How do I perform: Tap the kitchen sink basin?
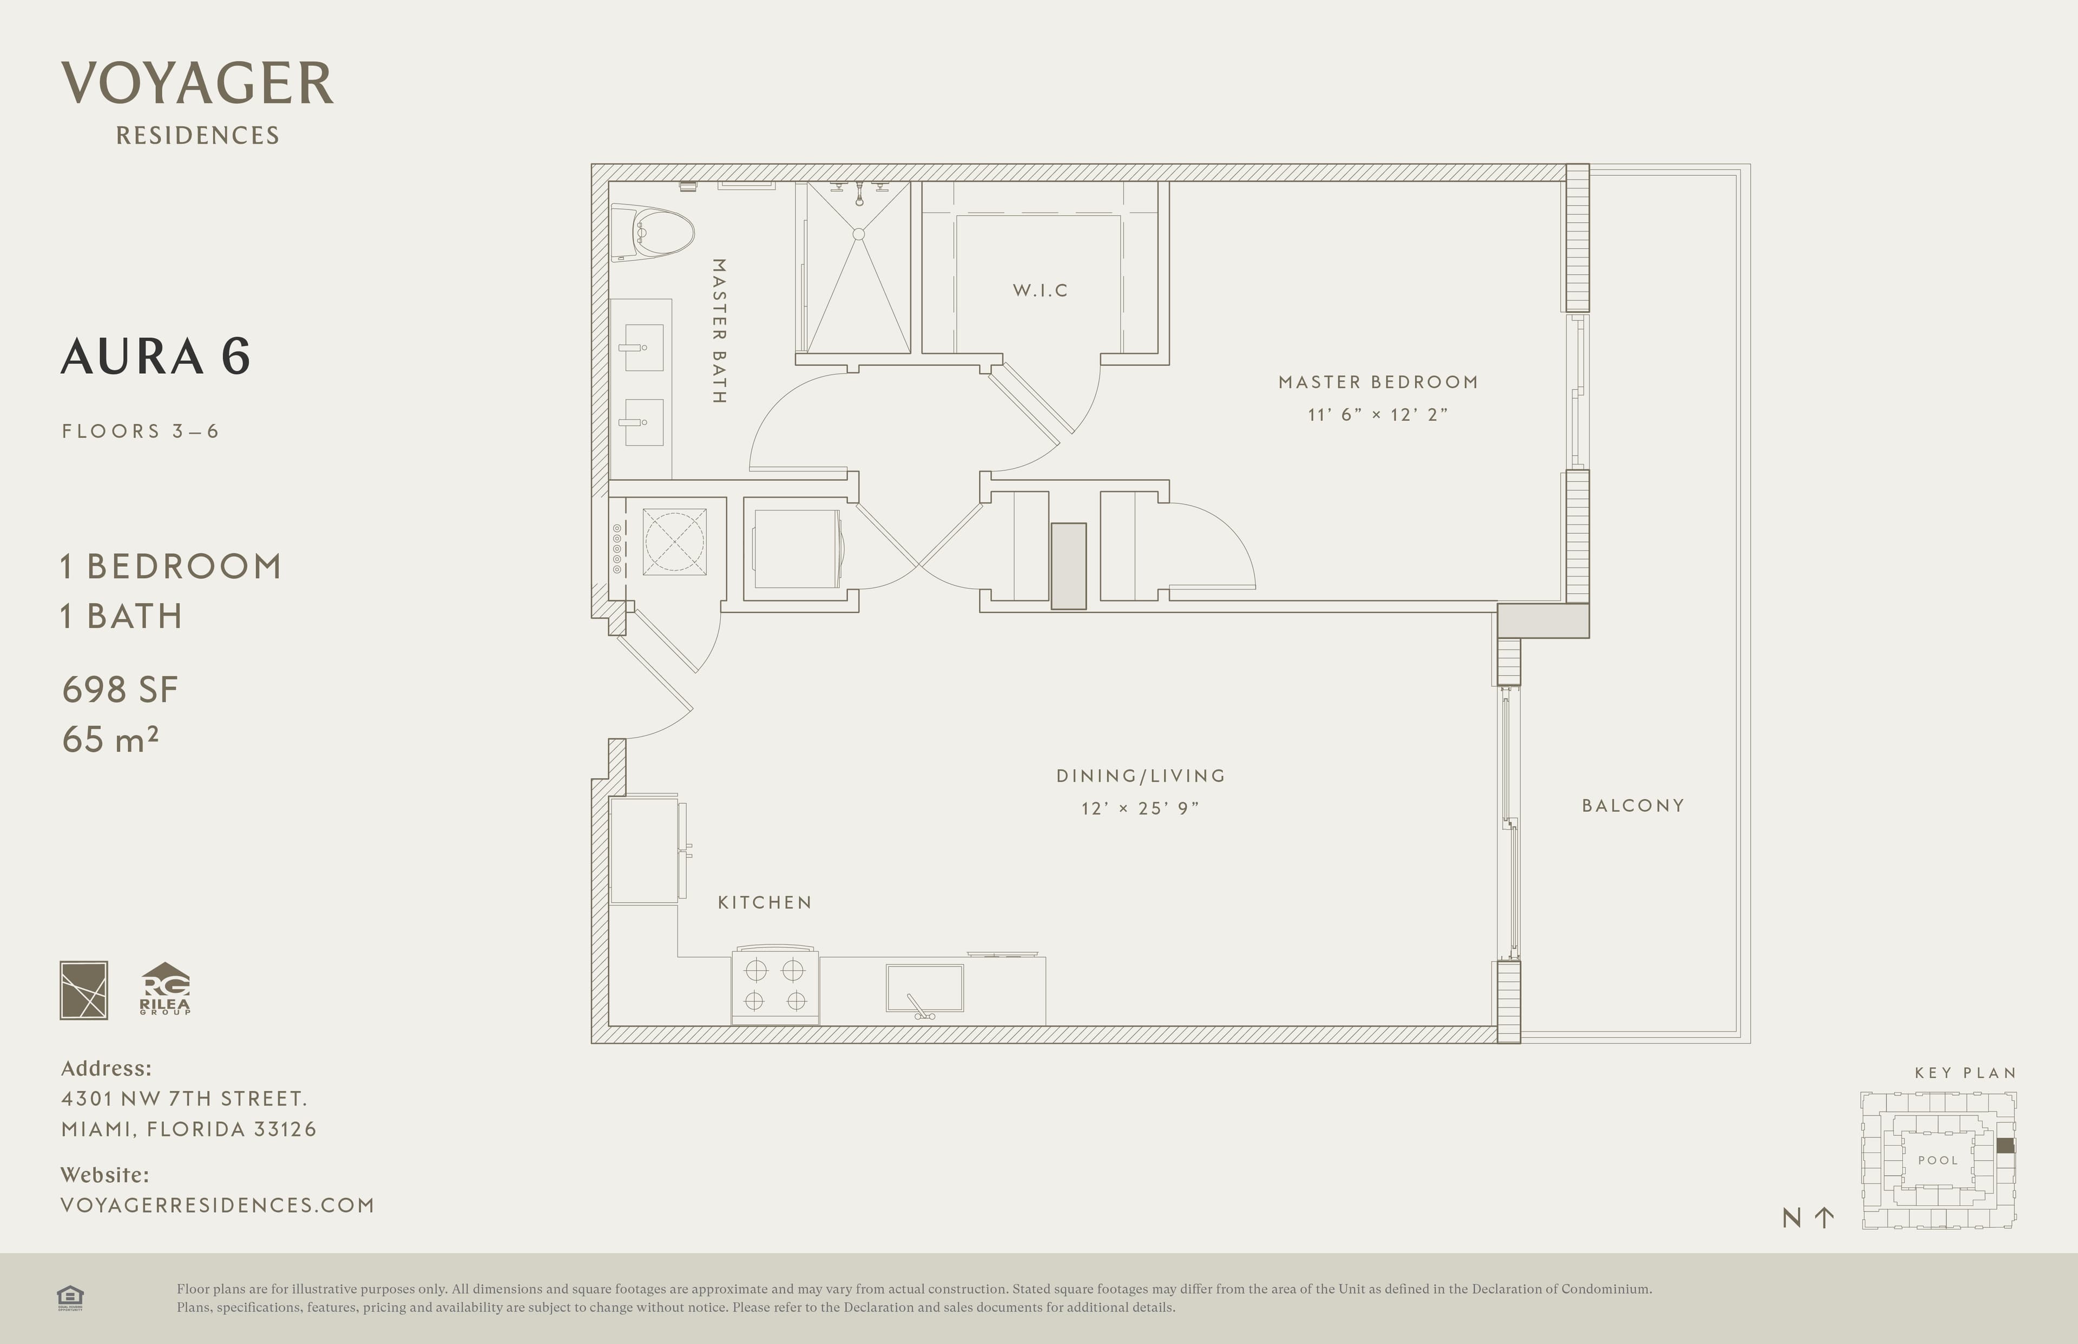(x=925, y=988)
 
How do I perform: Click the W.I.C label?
(x=1040, y=290)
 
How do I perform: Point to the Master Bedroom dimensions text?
(x=1378, y=414)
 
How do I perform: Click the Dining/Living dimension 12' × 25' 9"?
(x=1140, y=808)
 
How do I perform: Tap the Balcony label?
(x=1633, y=805)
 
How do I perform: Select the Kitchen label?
(x=765, y=902)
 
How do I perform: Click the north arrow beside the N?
(x=1824, y=1217)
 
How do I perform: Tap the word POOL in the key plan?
(x=1937, y=1161)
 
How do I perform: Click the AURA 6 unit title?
(x=155, y=356)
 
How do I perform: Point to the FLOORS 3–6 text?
(x=140, y=431)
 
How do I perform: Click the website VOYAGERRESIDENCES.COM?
(x=218, y=1205)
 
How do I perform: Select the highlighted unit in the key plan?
(x=2005, y=1146)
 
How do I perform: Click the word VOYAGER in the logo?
(x=198, y=84)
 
